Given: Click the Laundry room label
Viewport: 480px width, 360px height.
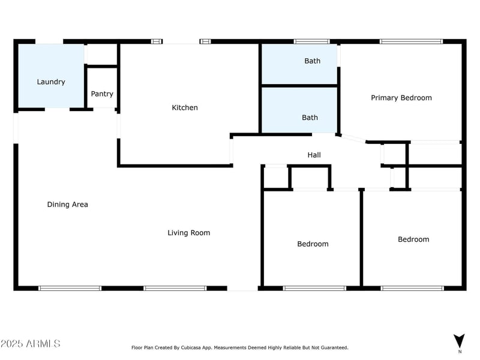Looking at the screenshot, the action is [x=51, y=82].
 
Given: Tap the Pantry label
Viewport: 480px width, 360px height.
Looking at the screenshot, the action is [x=102, y=94].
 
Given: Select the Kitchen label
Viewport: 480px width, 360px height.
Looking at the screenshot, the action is [x=185, y=107].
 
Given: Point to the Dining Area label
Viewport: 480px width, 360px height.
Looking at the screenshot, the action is [x=67, y=205].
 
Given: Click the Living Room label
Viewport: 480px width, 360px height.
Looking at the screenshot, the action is [x=188, y=233].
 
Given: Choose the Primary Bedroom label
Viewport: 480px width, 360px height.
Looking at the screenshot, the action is [x=401, y=98].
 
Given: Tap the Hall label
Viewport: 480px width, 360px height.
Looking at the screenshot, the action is [x=314, y=155].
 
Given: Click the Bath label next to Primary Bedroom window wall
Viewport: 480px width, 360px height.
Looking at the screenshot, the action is [x=312, y=61].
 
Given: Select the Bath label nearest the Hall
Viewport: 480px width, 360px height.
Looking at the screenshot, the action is [x=310, y=118].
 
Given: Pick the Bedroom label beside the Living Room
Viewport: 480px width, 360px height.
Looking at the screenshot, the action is [x=313, y=244].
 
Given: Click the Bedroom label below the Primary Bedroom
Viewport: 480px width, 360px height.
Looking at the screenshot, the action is [x=413, y=239].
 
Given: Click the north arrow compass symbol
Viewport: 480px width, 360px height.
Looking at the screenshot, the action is [x=459, y=341].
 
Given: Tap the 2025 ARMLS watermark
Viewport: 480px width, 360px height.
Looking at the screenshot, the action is [x=31, y=343].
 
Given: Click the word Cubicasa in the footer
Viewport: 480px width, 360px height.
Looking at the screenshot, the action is [x=191, y=348].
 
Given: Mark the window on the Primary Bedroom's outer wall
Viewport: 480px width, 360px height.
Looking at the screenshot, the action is [x=411, y=41].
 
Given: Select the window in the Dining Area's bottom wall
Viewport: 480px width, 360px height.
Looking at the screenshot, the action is [x=70, y=289].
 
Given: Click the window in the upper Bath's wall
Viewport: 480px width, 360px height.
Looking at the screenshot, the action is [x=311, y=41].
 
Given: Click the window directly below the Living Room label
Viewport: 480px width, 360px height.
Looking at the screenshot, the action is [x=175, y=289].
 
